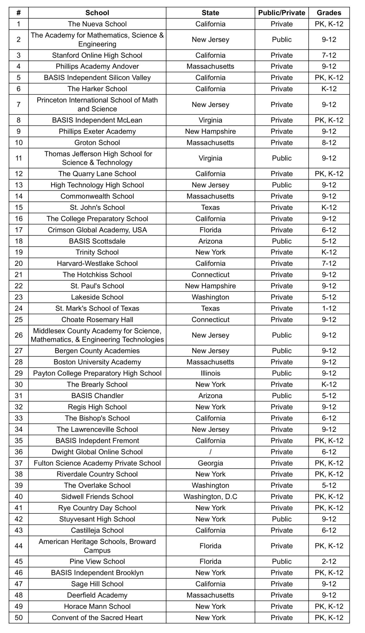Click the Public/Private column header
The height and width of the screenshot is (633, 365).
coord(281,13)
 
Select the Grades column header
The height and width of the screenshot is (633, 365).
coord(329,13)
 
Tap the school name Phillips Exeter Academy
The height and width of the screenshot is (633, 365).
coord(97,131)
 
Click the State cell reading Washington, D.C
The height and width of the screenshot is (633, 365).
coord(210,497)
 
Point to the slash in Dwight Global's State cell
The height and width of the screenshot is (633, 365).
coord(210,452)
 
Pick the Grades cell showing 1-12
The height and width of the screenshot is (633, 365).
coord(329,308)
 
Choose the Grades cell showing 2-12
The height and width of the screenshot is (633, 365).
coord(329,562)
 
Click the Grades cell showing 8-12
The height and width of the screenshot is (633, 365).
coord(329,142)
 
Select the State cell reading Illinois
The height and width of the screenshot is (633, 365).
coord(210,373)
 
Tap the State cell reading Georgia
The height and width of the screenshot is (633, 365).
coord(210,463)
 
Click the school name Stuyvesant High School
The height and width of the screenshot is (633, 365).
coord(97,519)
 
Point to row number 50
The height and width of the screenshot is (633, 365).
coord(19,618)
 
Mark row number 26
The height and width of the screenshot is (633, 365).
coord(19,335)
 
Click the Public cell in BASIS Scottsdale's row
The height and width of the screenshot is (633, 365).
coord(281,241)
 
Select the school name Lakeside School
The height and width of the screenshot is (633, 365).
coord(97,297)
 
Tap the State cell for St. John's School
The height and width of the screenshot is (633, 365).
coord(210,207)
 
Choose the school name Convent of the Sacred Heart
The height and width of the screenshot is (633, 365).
coord(97,618)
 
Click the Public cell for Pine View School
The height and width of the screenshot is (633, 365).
coord(281,562)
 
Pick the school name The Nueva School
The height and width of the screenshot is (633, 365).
coord(97,24)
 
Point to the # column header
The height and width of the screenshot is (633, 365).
coord(19,13)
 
